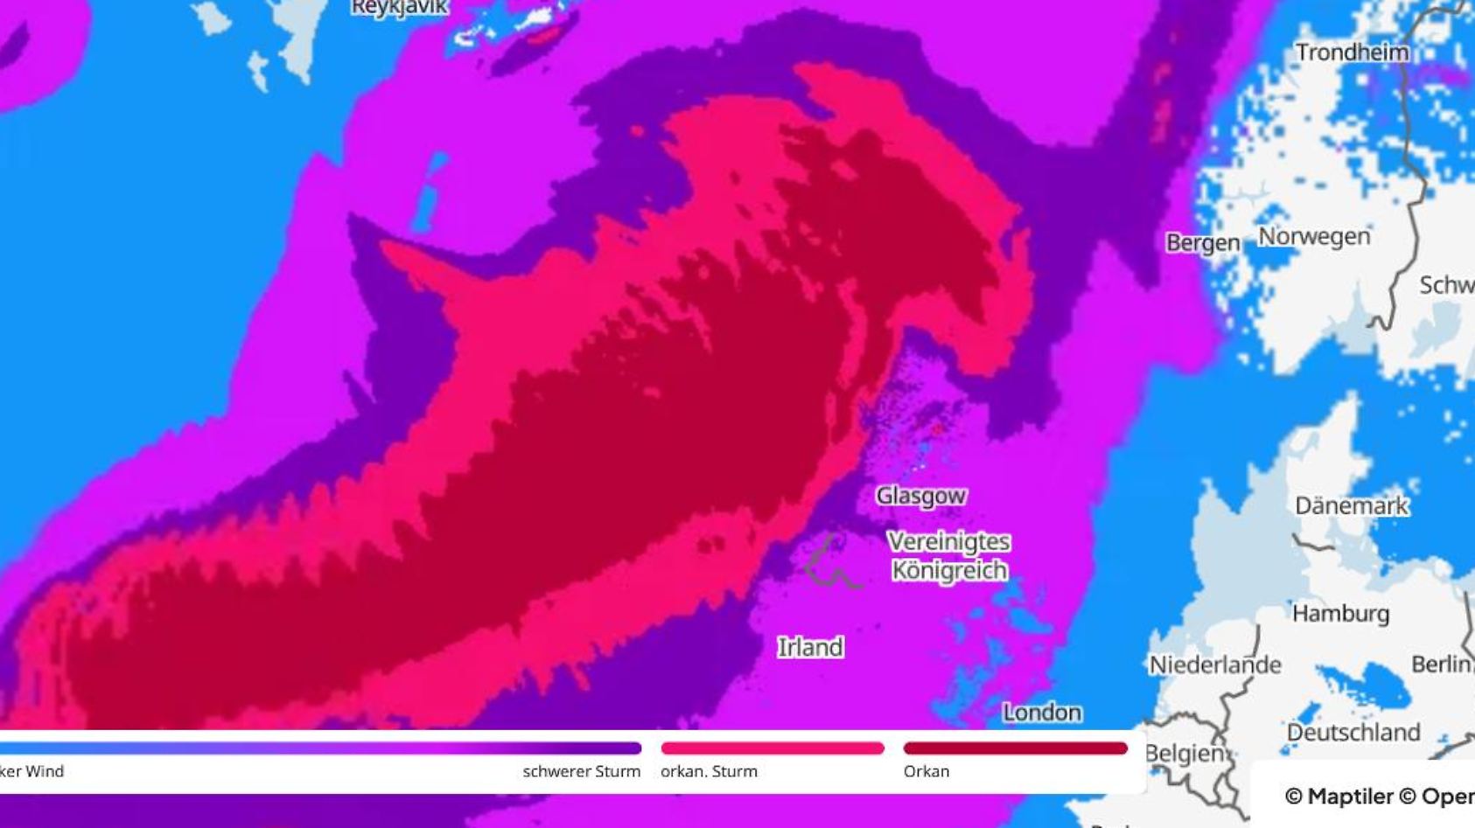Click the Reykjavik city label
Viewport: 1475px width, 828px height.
click(400, 8)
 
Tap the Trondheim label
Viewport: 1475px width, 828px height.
click(1352, 52)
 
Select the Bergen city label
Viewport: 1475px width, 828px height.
click(1203, 243)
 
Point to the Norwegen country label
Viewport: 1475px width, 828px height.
click(1313, 237)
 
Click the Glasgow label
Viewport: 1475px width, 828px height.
click(921, 496)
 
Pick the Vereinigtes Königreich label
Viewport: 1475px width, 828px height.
click(949, 556)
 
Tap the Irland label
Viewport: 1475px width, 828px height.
click(811, 647)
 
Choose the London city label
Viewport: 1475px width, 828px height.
click(1042, 713)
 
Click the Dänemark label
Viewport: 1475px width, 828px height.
click(1352, 505)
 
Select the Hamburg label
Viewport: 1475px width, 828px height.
click(1340, 613)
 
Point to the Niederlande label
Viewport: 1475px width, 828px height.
click(1214, 665)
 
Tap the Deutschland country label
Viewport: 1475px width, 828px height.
click(1353, 732)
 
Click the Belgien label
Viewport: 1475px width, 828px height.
click(1184, 753)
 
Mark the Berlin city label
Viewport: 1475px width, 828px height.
click(1442, 664)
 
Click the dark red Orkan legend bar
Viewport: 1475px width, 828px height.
click(1015, 748)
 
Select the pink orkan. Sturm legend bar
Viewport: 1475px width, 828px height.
click(772, 748)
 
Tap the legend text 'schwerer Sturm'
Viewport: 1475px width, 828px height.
click(581, 771)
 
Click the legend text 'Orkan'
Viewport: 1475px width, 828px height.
click(926, 771)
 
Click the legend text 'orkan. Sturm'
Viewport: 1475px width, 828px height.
click(709, 771)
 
